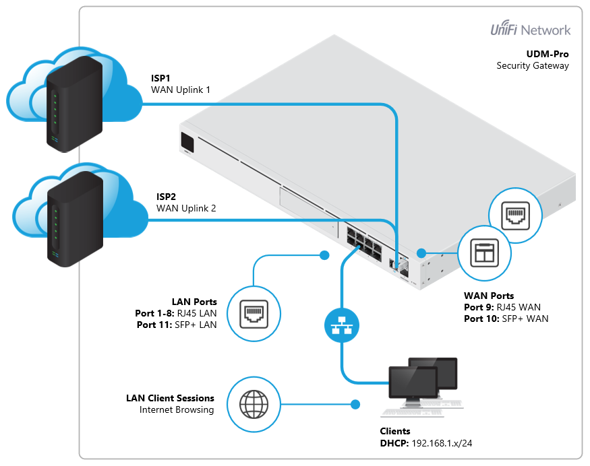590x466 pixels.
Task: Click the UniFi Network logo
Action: click(x=530, y=30)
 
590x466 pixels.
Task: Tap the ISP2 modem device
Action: click(x=76, y=219)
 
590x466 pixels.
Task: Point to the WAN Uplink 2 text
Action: click(x=186, y=208)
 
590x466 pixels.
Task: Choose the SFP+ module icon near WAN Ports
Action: click(x=485, y=253)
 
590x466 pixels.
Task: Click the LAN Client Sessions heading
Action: click(x=170, y=398)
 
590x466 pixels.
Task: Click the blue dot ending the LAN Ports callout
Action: click(x=324, y=255)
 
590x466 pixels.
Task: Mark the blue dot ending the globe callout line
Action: click(x=354, y=405)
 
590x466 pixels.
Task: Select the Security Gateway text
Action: click(x=533, y=65)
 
